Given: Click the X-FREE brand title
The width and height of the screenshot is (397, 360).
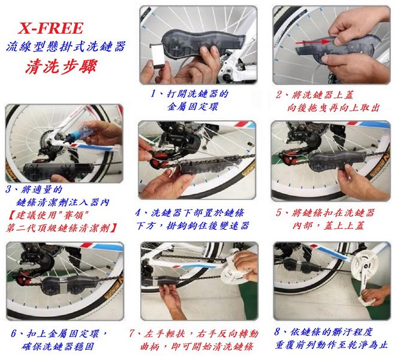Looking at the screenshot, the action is click(50, 28).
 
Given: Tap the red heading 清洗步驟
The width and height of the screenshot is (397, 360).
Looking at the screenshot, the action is click(61, 67).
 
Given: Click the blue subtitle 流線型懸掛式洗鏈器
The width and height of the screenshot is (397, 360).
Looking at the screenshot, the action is click(66, 47).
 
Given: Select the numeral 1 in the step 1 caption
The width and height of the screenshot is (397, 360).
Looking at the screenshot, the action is click(153, 94).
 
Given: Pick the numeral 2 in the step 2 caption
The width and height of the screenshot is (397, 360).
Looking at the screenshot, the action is click(279, 95).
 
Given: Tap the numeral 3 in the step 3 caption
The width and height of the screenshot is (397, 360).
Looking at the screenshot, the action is click(8, 189).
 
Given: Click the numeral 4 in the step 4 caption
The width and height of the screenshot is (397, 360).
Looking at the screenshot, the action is click(138, 212).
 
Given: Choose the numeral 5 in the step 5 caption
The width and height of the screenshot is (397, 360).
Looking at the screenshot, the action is click(278, 212).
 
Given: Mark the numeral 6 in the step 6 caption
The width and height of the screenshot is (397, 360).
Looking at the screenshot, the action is click(14, 333).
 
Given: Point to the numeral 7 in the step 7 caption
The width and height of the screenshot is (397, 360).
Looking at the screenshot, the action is click(131, 333).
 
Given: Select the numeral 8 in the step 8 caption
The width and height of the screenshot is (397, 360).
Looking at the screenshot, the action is click(277, 331).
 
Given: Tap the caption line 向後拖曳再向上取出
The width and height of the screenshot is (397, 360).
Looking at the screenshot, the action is click(333, 108).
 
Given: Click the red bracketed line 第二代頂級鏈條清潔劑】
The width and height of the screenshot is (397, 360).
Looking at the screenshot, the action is click(61, 228).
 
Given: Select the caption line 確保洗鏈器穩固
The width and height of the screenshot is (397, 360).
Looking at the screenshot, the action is click(58, 346).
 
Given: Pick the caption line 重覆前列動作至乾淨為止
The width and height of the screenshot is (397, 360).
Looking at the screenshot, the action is click(332, 344).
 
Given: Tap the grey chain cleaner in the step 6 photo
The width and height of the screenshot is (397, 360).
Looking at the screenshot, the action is click(68, 284).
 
